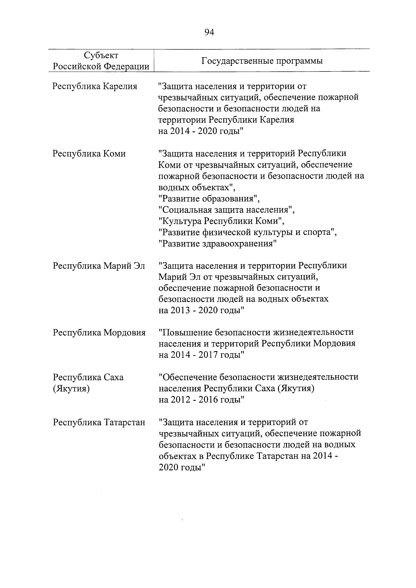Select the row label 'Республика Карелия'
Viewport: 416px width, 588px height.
(x=95, y=86)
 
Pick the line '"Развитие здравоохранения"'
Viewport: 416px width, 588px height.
(x=218, y=244)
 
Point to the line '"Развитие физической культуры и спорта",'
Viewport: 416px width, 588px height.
(x=248, y=232)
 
